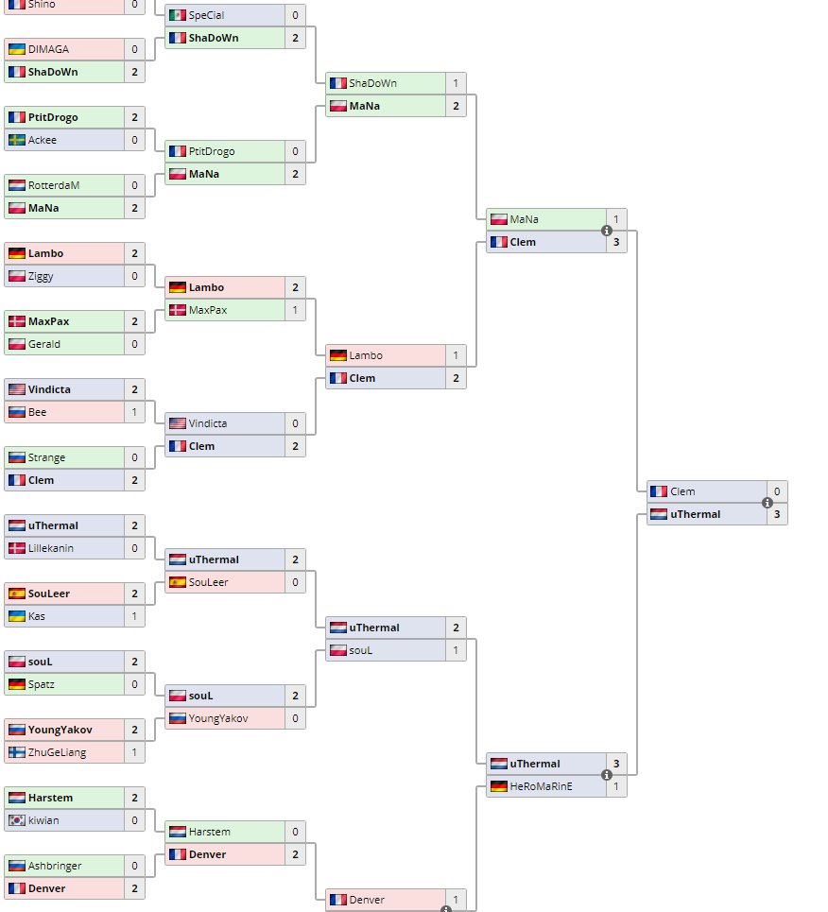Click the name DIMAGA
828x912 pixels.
point(48,49)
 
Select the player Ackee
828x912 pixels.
point(43,140)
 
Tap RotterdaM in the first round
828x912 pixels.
point(54,185)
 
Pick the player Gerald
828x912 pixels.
point(44,344)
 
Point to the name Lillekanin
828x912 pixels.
point(51,548)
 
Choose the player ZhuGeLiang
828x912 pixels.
point(56,752)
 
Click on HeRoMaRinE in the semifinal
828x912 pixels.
point(542,786)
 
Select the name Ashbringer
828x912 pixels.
point(55,866)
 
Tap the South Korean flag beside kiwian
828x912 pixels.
point(16,820)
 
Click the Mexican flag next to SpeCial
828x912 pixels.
point(177,15)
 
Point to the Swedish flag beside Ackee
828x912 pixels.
point(16,140)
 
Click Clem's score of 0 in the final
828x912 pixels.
point(777,491)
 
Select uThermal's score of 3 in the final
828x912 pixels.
point(777,514)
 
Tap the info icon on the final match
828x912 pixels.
point(768,503)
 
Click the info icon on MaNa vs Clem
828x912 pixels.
point(607,231)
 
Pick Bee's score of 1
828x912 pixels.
point(134,412)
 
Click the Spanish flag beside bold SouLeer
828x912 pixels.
point(16,594)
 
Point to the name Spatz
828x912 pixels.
point(43,684)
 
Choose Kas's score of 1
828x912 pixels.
point(134,616)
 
